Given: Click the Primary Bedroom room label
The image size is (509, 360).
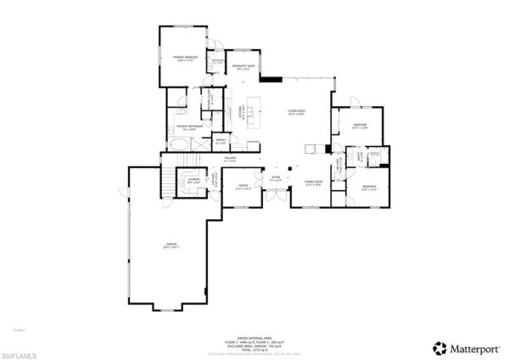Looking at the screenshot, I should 186,59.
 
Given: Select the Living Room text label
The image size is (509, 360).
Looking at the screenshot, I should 295,112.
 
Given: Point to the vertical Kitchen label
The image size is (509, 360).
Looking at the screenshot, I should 243,112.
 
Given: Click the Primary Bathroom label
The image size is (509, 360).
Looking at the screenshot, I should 187,127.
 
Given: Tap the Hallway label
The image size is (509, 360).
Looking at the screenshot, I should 229,158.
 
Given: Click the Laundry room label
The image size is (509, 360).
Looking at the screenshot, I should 193,181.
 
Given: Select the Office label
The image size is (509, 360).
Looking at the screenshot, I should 243,186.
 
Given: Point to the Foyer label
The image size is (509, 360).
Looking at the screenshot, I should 275,180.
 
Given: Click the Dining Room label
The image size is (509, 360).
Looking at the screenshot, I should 313,183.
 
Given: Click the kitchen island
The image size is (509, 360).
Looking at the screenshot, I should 252,113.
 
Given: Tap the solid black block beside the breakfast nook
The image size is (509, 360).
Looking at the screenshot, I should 271,80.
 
